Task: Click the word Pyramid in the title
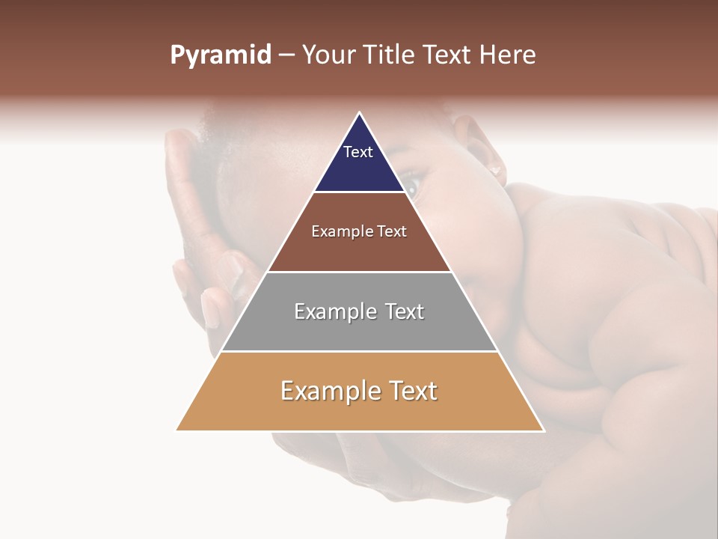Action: coord(220,55)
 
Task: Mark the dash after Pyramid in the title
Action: coord(286,55)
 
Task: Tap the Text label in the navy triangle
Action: coord(358,152)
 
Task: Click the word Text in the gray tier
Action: coord(405,311)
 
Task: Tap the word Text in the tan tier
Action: coord(411,391)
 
